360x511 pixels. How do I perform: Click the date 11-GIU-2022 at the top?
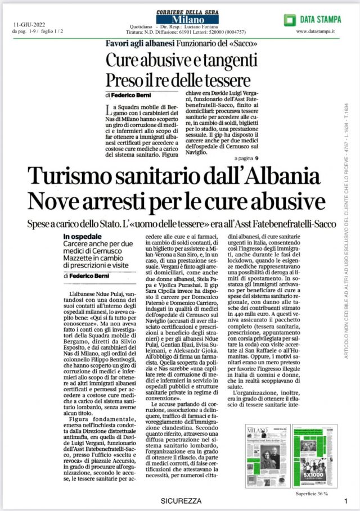point(30,25)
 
